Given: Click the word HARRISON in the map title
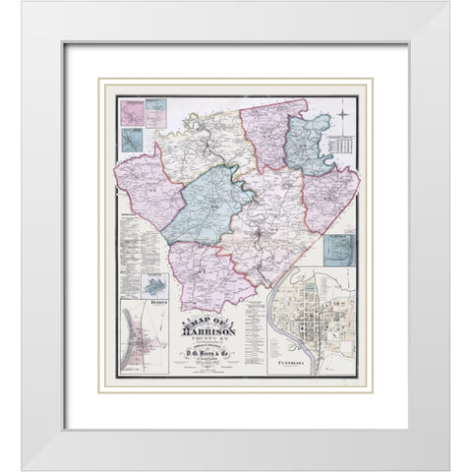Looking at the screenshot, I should click(209, 330).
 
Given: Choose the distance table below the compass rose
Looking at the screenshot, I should click(341, 147).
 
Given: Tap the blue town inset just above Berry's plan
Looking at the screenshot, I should click(153, 286).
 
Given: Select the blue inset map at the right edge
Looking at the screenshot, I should click(340, 251).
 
